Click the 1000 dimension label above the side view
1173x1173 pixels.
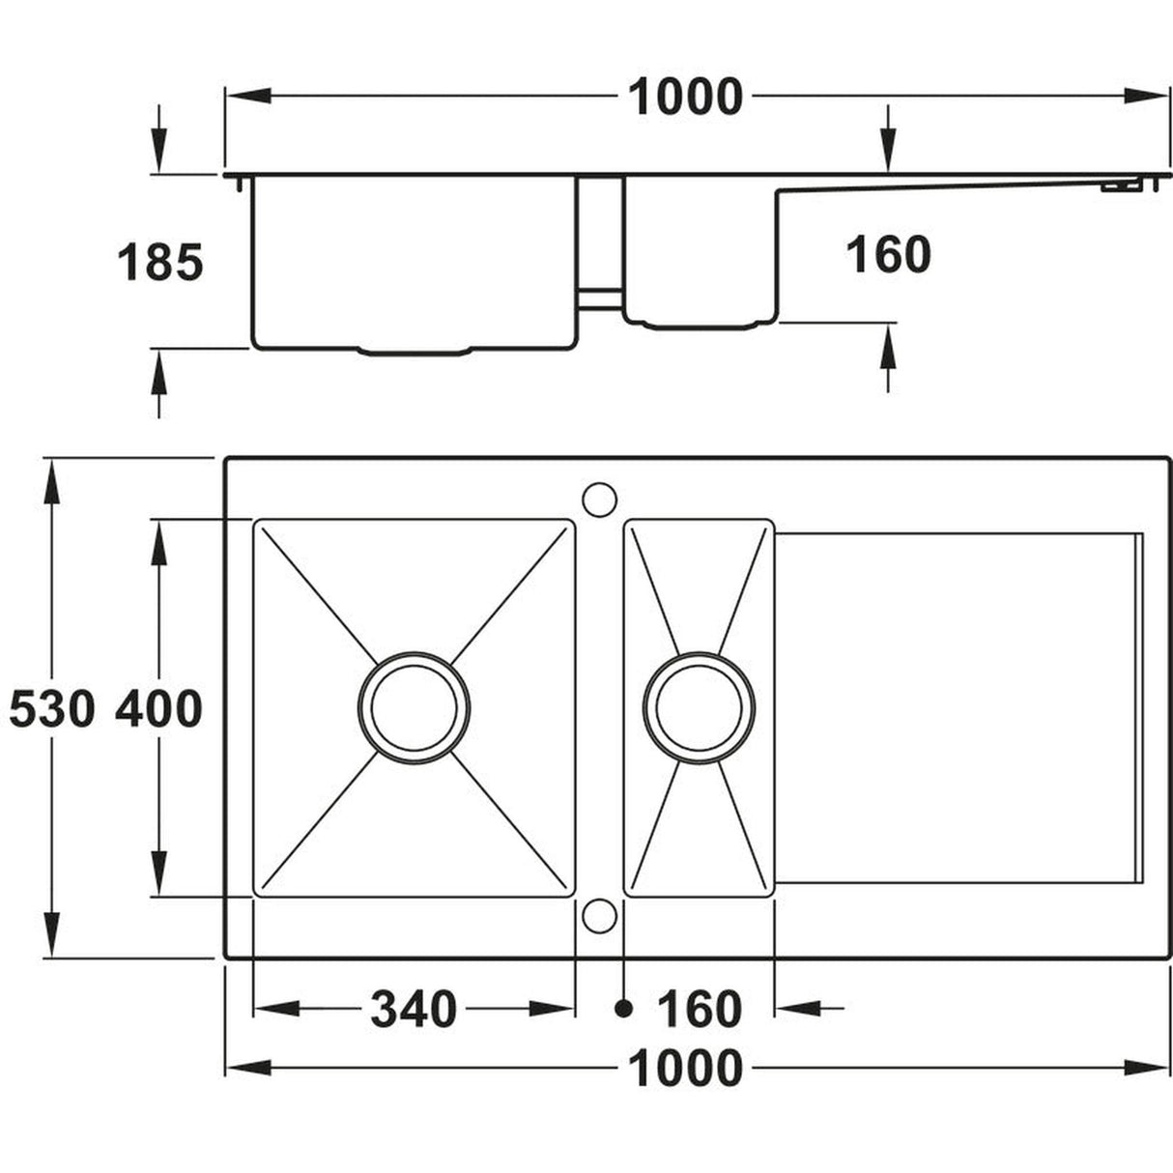pyautogui.click(x=685, y=97)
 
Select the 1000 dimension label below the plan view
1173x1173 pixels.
pyautogui.click(x=685, y=1069)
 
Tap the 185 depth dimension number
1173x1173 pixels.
pyautogui.click(x=160, y=263)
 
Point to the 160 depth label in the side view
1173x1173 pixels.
pyautogui.click(x=888, y=255)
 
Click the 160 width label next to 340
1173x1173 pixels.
pyautogui.click(x=699, y=1010)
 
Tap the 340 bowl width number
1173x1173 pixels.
pyautogui.click(x=413, y=1010)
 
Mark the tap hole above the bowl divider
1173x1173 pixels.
pyautogui.click(x=599, y=499)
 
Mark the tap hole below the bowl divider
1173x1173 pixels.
pyautogui.click(x=599, y=915)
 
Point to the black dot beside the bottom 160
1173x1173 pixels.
pyautogui.click(x=623, y=1009)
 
